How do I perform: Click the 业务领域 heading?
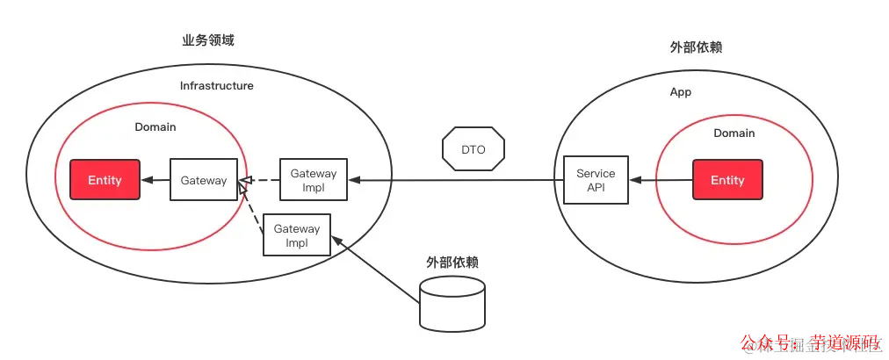point(207,41)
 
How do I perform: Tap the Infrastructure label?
point(217,86)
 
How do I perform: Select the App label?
point(680,92)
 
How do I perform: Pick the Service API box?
point(596,181)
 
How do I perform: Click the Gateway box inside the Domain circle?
point(204,180)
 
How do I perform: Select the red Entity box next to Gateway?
point(105,180)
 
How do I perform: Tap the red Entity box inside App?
point(727,180)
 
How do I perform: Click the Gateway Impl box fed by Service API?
point(314,180)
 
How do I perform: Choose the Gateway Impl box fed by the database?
point(297,234)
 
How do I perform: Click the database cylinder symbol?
point(452,303)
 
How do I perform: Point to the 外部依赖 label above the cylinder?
point(452,263)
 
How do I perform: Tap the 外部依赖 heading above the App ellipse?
point(696,47)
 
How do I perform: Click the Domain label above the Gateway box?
point(155,127)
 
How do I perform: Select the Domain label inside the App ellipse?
point(734,133)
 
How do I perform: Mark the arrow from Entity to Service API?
point(661,180)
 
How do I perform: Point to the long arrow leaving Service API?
point(457,180)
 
